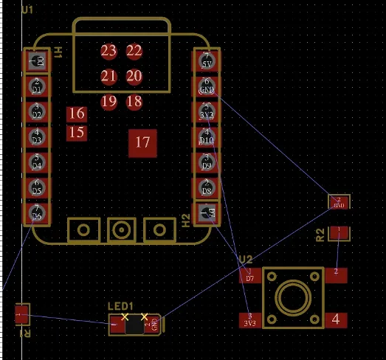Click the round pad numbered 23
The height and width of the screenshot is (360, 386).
108,51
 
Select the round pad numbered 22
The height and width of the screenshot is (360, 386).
134,51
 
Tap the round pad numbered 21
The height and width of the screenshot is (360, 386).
108,76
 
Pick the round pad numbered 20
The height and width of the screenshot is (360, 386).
134,76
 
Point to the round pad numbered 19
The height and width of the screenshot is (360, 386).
108,101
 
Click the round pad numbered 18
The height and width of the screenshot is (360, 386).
134,101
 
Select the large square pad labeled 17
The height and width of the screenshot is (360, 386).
143,142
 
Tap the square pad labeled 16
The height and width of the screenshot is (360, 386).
76,114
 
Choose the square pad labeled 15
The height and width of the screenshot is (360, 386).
76,133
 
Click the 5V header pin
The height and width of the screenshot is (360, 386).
207,61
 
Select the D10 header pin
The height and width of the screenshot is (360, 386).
207,137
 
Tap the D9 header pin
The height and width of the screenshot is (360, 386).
207,162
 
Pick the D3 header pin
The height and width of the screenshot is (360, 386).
37,137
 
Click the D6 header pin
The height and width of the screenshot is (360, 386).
37,213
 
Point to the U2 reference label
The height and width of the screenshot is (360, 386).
246,259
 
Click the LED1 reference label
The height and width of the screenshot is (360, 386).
120,306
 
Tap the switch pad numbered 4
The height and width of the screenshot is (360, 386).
336,319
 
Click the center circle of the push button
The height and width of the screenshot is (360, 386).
291,298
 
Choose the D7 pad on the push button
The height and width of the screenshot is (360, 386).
249,276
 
